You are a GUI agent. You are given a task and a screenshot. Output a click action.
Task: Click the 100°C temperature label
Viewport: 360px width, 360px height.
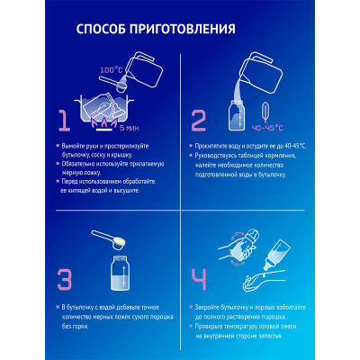coord(110,69)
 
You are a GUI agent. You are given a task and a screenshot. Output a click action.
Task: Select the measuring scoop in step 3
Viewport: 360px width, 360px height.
coord(112,240)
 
